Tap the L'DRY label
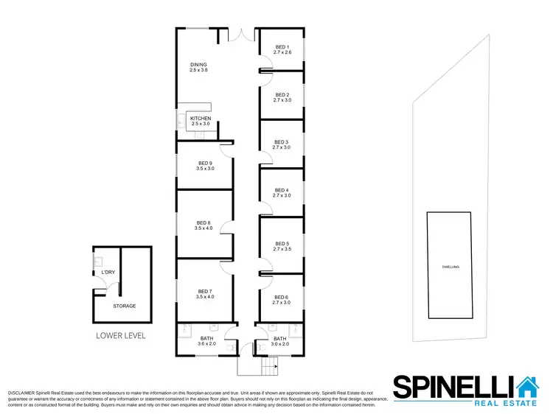(x=108, y=273)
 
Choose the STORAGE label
(x=124, y=306)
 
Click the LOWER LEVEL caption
(x=121, y=336)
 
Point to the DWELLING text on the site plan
(x=451, y=267)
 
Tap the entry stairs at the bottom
(x=270, y=365)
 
